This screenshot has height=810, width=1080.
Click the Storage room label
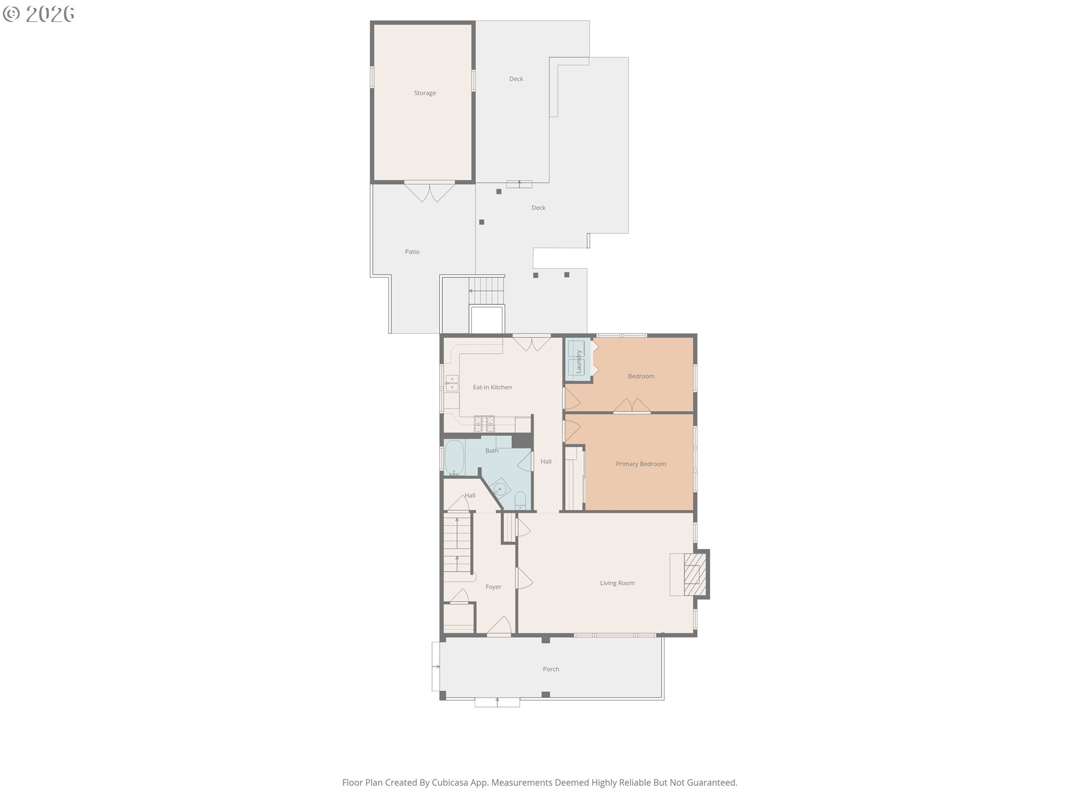click(x=425, y=93)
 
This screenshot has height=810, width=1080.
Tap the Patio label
click(x=412, y=252)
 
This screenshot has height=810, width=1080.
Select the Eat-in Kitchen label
click(x=492, y=388)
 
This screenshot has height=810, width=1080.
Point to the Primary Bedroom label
click(x=641, y=464)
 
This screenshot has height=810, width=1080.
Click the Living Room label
click(x=617, y=583)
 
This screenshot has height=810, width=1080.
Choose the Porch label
click(x=551, y=669)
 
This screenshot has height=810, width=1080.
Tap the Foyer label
click(x=493, y=587)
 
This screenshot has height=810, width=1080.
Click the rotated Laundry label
click(x=578, y=361)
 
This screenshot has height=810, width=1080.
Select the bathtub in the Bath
click(x=454, y=457)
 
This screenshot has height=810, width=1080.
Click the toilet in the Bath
click(x=520, y=500)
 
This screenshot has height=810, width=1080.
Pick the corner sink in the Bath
click(x=499, y=488)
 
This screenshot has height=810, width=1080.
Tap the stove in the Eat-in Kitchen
click(x=484, y=424)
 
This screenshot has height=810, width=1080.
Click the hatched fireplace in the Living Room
click(x=695, y=574)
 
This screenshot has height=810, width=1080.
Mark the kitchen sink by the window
click(x=452, y=383)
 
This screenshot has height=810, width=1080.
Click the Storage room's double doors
click(x=430, y=191)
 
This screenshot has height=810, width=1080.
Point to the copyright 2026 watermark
click(x=39, y=14)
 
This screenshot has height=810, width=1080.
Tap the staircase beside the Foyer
click(x=457, y=544)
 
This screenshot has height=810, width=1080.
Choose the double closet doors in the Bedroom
click(x=632, y=406)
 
